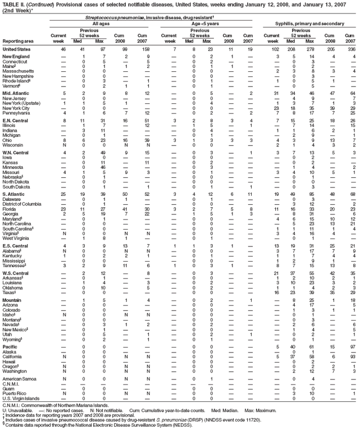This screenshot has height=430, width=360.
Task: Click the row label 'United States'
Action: coord(15,51)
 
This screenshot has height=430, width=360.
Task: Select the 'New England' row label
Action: coord(15,57)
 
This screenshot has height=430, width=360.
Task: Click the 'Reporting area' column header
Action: coord(17,41)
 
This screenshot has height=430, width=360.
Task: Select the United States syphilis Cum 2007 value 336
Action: coord(352,51)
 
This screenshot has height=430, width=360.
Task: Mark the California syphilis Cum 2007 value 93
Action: coord(353,356)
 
